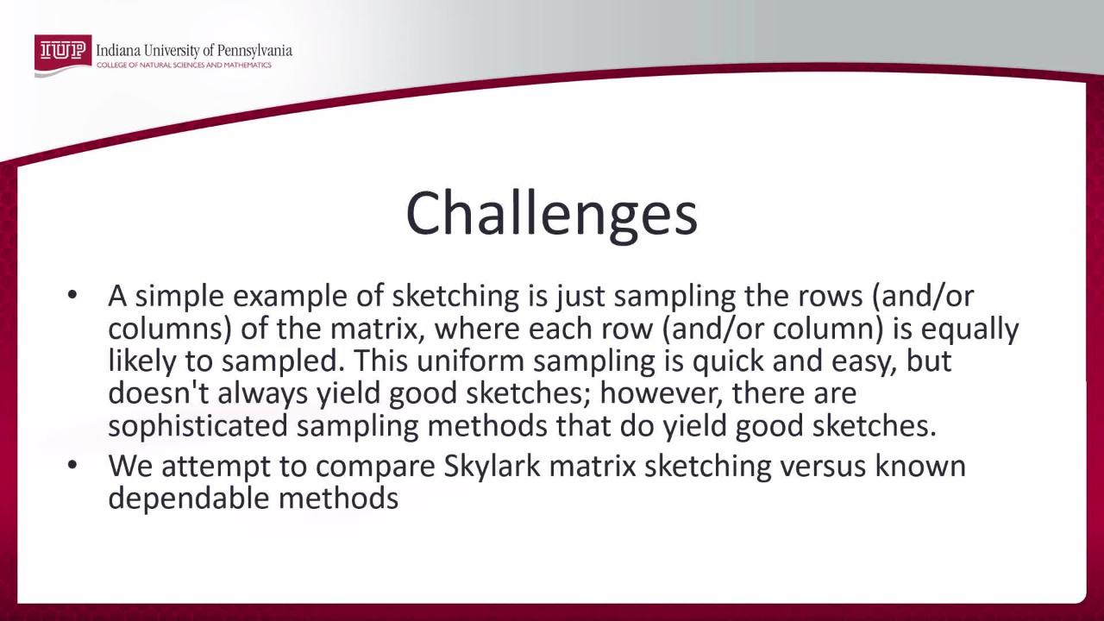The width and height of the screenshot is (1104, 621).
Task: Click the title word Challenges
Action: pyautogui.click(x=551, y=213)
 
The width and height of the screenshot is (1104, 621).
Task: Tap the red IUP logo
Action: pyautogui.click(x=62, y=51)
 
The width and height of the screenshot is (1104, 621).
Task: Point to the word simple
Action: pyautogui.click(x=177, y=298)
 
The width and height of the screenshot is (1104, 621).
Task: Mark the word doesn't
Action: pyautogui.click(x=158, y=393)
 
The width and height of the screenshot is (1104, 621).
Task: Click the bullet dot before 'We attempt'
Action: pyautogui.click(x=72, y=466)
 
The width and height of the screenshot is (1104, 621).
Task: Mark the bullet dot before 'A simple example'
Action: pyautogui.click(x=72, y=296)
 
